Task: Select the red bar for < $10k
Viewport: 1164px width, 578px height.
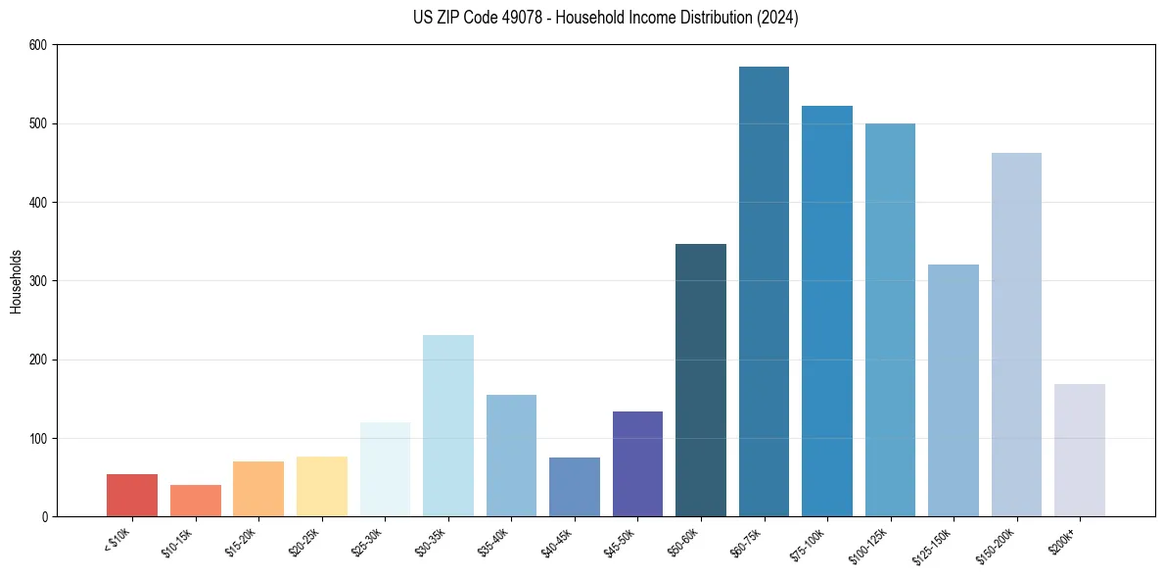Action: tap(132, 495)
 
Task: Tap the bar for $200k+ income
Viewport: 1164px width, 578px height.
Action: tap(1079, 450)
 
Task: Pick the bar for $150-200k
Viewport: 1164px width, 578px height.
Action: tap(1016, 334)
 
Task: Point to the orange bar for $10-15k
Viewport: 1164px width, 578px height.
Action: tap(196, 501)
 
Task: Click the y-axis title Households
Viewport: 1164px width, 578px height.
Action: tap(16, 281)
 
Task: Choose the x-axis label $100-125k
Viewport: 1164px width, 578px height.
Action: tap(871, 543)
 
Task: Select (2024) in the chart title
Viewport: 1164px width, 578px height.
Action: tap(777, 18)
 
